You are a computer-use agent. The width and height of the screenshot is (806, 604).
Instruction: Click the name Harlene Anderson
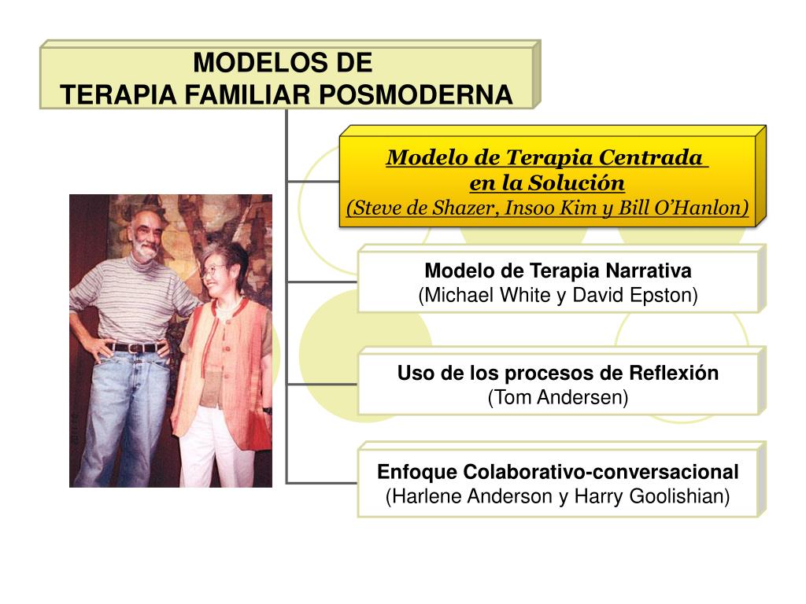469,497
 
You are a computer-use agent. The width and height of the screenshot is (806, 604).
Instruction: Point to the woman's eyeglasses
211,272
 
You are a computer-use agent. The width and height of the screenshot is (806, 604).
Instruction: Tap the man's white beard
146,251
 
